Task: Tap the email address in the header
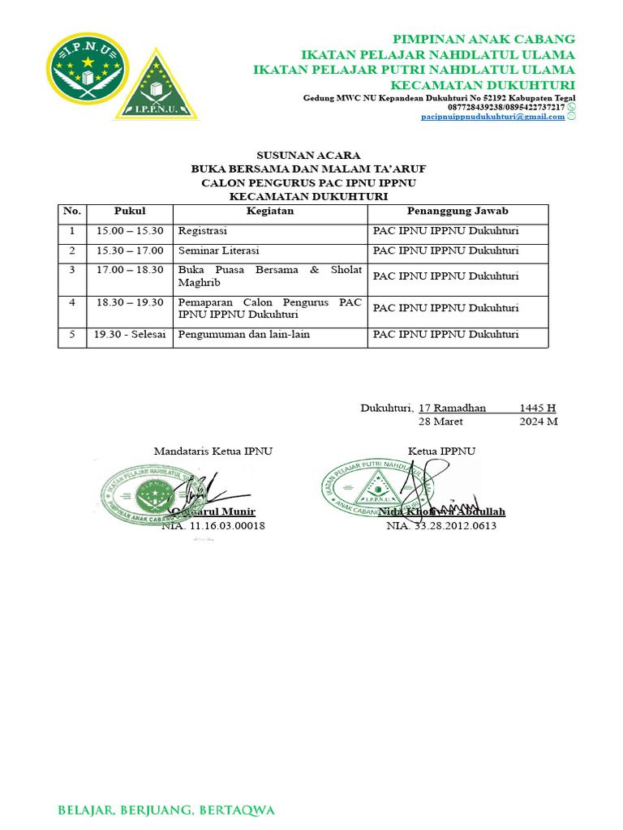point(493,117)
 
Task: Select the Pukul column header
point(130,212)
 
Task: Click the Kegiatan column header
point(270,212)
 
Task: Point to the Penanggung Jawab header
point(458,212)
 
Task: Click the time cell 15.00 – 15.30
point(130,231)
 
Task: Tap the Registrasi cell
point(203,231)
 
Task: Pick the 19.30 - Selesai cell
point(130,334)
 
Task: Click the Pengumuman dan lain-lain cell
point(244,334)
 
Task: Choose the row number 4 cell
point(72,302)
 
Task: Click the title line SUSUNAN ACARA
point(308,155)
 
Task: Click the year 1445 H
point(538,408)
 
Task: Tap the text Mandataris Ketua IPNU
point(213,451)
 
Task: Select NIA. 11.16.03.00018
point(213,526)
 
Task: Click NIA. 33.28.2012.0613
point(441,526)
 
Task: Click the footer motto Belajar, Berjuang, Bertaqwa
point(167,810)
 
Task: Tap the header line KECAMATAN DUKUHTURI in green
point(483,85)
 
